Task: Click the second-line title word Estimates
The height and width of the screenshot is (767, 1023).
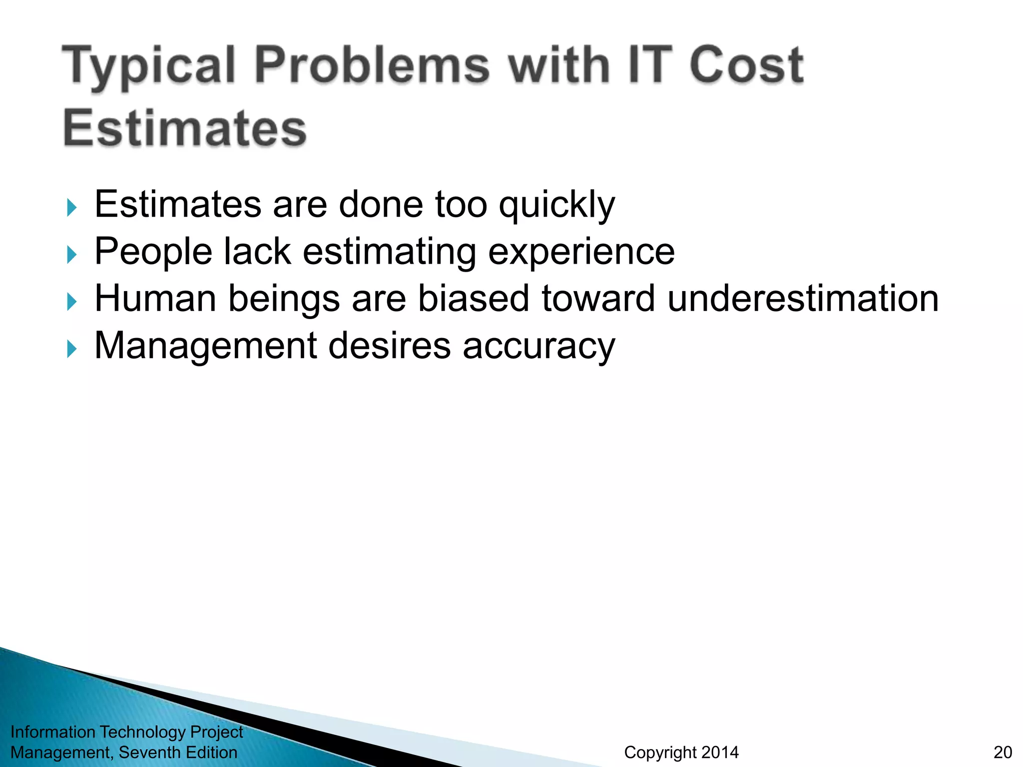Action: click(184, 128)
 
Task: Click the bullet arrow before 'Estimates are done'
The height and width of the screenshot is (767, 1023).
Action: click(72, 207)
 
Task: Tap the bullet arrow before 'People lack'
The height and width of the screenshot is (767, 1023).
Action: click(72, 254)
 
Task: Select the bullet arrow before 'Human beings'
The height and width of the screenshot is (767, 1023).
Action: click(72, 301)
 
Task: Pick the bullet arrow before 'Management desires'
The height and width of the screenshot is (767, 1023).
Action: click(72, 349)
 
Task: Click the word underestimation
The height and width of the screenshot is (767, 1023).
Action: click(803, 299)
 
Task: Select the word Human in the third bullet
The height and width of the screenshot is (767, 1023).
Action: click(155, 299)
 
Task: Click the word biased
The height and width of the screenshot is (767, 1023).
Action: click(473, 299)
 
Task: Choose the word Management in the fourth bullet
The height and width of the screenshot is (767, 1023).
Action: click(205, 346)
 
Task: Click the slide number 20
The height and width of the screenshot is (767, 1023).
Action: click(1003, 752)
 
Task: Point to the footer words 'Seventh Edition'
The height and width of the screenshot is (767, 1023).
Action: click(178, 752)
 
